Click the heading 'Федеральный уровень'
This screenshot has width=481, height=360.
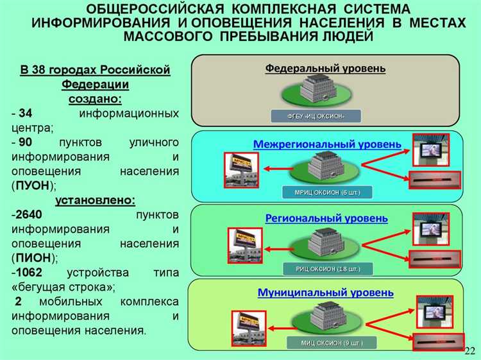(325, 69)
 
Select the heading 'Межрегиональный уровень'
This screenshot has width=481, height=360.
(327, 144)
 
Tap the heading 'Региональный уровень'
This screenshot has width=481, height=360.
(326, 218)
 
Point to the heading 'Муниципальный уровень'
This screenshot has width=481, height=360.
(326, 293)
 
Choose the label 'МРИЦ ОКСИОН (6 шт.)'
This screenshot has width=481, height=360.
(328, 192)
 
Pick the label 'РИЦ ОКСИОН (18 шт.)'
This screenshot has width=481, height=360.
(328, 268)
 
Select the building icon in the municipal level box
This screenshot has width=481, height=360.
(328, 318)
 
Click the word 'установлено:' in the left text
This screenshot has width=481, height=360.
(95, 200)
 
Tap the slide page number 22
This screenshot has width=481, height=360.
(469, 351)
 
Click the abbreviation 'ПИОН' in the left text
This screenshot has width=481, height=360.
(33, 257)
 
